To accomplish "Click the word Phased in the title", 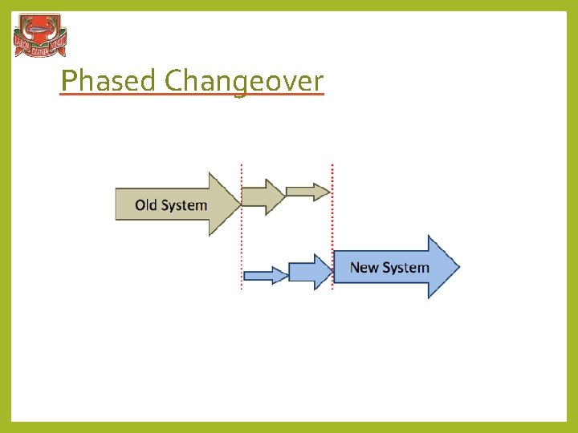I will (110, 80).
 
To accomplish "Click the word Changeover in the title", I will (244, 80).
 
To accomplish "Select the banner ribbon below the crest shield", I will (39, 50).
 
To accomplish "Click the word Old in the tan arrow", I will (146, 205).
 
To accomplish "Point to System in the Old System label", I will (184, 205).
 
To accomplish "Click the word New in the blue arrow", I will (364, 268).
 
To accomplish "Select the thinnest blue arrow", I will (265, 275).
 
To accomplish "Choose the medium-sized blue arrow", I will (310, 272).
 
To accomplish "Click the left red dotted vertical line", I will (242, 241).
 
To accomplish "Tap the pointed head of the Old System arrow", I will (225, 204).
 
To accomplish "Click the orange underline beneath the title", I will (192, 95).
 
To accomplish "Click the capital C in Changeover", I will (174, 80).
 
